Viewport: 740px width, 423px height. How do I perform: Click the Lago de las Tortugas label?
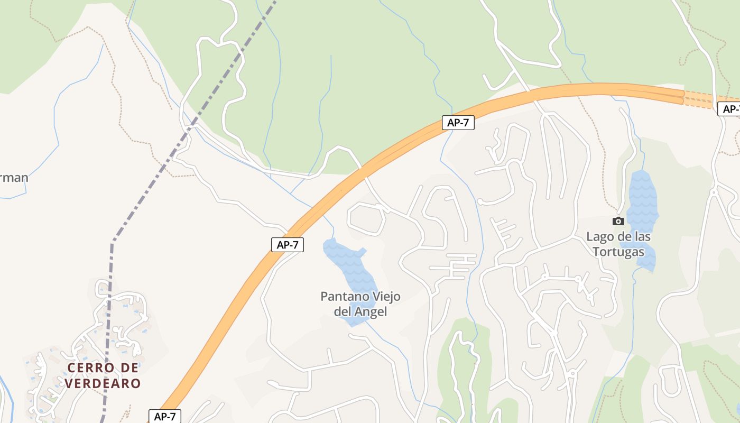click(618, 244)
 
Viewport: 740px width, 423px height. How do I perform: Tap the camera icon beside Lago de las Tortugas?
click(618, 221)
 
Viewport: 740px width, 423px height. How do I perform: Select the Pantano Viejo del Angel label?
click(360, 304)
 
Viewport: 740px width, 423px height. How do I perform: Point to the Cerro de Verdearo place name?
click(104, 375)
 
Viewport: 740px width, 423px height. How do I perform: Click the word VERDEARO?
click(104, 383)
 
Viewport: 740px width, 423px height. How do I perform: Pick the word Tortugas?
click(618, 252)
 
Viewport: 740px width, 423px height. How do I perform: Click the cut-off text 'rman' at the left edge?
click(14, 178)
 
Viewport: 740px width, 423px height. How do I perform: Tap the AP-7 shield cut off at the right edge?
click(729, 109)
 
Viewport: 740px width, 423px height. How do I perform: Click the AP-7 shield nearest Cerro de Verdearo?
click(164, 416)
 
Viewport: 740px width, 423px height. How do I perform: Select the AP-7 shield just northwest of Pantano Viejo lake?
click(287, 244)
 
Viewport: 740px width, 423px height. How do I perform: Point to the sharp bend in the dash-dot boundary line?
click(113, 242)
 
